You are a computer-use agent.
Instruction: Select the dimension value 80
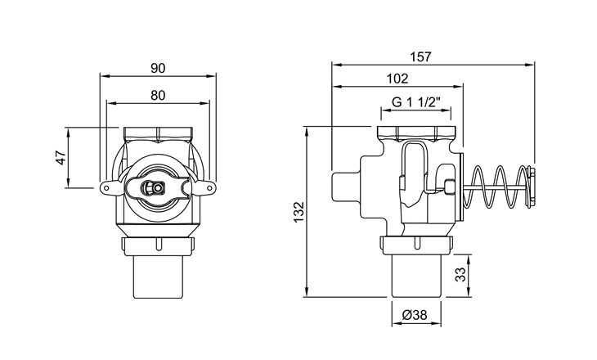[x=158, y=95]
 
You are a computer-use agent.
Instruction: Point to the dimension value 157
[x=420, y=56]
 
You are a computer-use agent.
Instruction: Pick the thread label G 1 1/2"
[x=416, y=102]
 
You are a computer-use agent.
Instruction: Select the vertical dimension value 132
[x=298, y=211]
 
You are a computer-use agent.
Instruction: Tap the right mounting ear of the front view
[x=205, y=189]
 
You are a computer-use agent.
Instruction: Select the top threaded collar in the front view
[x=158, y=133]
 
